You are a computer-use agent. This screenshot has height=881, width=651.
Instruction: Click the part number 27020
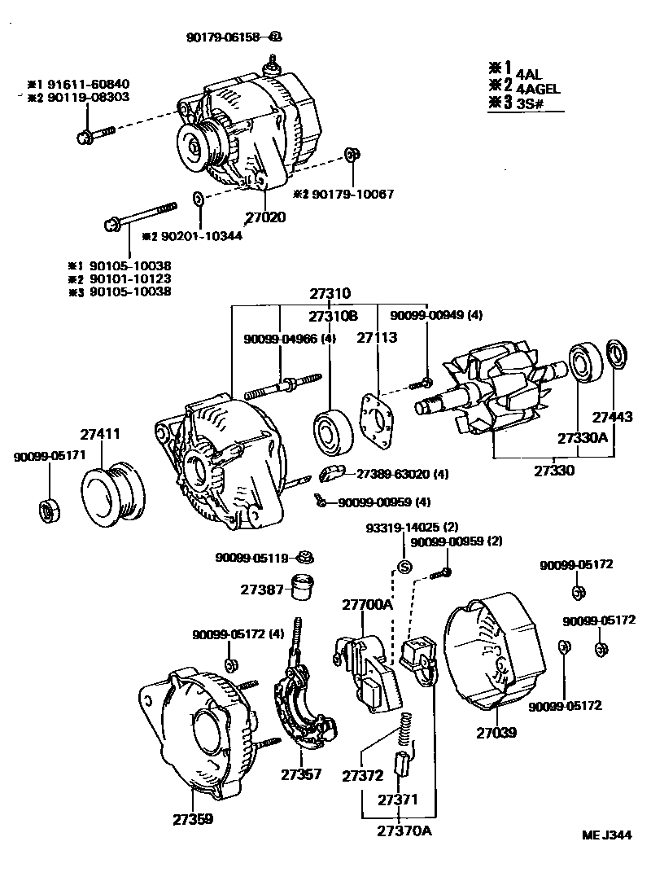[x=264, y=218]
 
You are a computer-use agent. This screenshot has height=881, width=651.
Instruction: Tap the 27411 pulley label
[x=99, y=435]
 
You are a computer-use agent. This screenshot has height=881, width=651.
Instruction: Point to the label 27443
[x=612, y=417]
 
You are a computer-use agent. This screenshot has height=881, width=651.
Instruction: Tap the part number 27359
[x=192, y=818]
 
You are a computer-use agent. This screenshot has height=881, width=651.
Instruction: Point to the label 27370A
[x=404, y=831]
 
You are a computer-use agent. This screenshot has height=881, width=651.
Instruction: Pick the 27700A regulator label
[x=366, y=604]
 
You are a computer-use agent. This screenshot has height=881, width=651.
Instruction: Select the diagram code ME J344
[x=606, y=835]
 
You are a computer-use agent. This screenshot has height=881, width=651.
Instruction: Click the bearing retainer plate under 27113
[x=378, y=420]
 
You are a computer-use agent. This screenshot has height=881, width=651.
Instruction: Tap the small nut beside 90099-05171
[x=47, y=509]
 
